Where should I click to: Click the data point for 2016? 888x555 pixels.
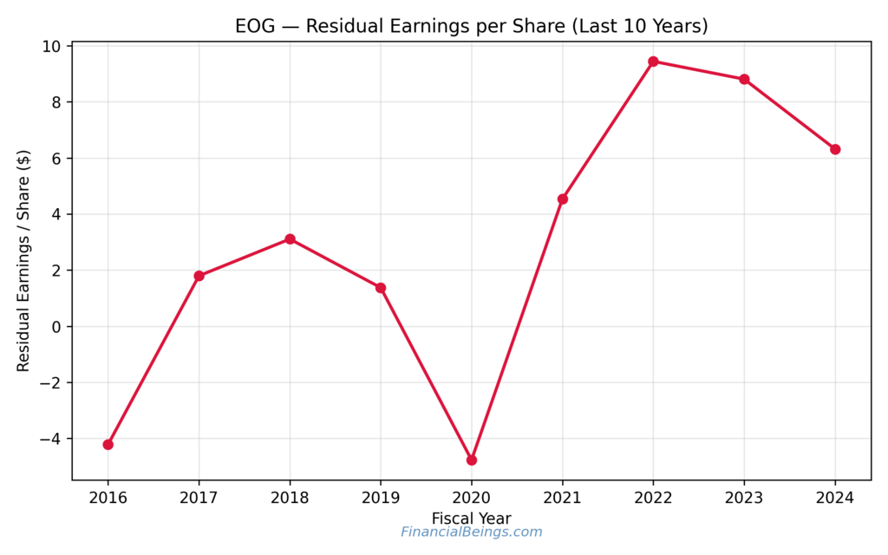(108, 444)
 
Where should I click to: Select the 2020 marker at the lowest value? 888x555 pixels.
(472, 460)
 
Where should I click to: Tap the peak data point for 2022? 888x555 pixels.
(653, 62)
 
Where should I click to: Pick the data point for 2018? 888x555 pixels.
(290, 239)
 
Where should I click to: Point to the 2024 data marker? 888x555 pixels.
(835, 149)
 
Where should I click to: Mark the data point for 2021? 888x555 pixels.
(563, 199)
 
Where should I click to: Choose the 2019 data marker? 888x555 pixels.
(381, 288)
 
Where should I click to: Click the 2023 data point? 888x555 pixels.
(744, 79)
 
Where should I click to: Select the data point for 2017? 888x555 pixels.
(199, 276)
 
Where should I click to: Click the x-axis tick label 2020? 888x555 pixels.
(472, 498)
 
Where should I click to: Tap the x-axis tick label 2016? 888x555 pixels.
(108, 498)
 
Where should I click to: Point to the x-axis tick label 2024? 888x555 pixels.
(835, 498)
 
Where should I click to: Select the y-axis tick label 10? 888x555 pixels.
(52, 46)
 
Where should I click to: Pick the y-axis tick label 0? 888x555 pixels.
(56, 327)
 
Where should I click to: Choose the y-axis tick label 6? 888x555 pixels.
(56, 159)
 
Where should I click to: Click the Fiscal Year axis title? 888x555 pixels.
(471, 518)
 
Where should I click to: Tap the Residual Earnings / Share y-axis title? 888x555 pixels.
(23, 260)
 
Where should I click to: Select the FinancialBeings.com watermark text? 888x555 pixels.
(471, 532)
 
